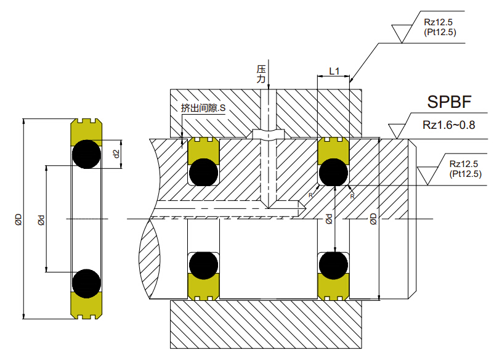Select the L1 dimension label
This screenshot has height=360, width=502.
(x=334, y=71)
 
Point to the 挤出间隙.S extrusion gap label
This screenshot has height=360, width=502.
(x=204, y=108)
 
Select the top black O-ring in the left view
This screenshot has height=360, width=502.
(x=86, y=154)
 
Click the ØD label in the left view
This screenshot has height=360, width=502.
(x=18, y=219)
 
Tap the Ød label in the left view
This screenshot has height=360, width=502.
(x=40, y=219)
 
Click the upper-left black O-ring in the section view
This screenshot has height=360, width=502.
(x=203, y=172)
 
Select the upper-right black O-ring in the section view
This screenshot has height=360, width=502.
(x=333, y=172)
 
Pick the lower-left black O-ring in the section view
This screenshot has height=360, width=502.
(x=203, y=265)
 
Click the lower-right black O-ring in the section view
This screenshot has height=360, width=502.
(x=333, y=265)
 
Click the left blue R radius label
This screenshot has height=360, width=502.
(x=310, y=195)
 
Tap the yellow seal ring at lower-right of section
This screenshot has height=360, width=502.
(x=333, y=287)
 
